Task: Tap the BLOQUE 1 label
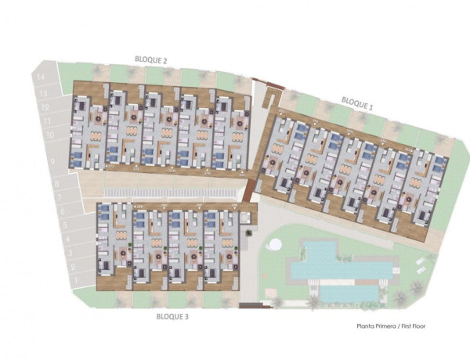[x=358, y=102]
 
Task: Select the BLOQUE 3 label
[x=172, y=318]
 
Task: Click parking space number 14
[x=40, y=77]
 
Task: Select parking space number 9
[x=52, y=160]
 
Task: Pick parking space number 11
[x=47, y=122]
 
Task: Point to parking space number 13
[x=42, y=92]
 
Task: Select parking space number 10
[x=49, y=136]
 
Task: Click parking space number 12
[x=45, y=107]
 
